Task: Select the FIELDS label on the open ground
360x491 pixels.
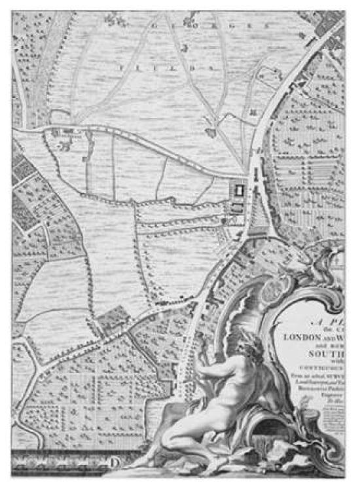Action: pyautogui.click(x=157, y=66)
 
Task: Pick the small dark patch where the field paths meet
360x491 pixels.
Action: pyautogui.click(x=211, y=133)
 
